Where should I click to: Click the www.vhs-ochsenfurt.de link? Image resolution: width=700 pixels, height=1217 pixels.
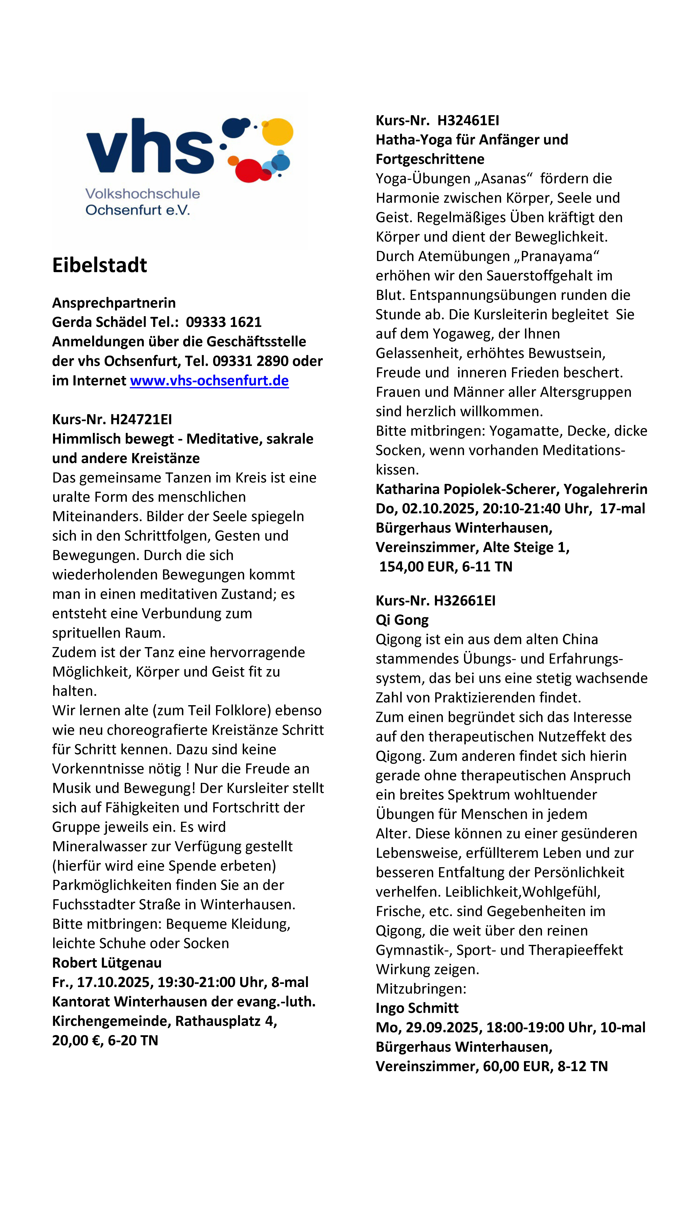(209, 381)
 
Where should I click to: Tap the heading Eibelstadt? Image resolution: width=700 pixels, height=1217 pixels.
(99, 265)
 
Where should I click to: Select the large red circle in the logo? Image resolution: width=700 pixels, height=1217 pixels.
(248, 170)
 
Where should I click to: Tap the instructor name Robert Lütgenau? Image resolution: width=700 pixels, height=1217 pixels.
(107, 963)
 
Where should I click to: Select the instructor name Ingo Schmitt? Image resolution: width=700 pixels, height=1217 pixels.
(417, 1008)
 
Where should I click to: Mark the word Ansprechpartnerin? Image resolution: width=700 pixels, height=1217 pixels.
(114, 303)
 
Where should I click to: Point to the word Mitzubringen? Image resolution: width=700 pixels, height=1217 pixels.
(421, 989)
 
